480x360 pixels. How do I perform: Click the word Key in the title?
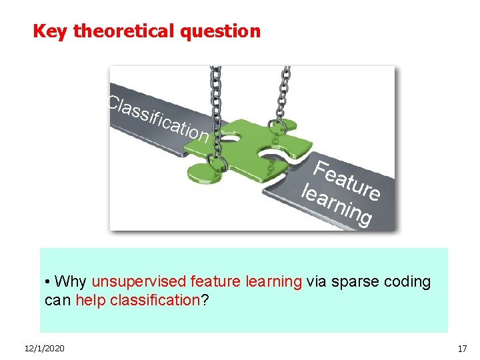pos(50,31)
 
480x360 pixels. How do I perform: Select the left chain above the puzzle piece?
pos(216,93)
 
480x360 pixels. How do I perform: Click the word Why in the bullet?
pos(71,281)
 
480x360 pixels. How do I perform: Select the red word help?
pos(90,300)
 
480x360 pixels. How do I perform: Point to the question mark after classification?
pos(205,300)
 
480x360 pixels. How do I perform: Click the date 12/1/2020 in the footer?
pos(43,349)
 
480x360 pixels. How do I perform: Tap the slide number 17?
pos(462,349)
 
